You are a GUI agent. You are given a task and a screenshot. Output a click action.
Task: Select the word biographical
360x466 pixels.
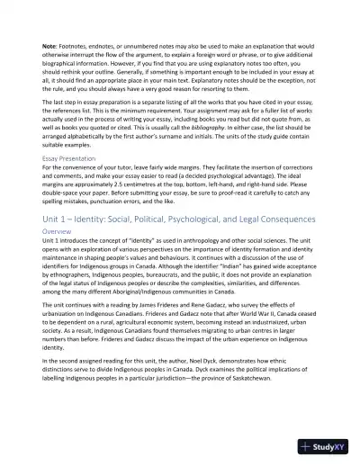coord(67,61)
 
